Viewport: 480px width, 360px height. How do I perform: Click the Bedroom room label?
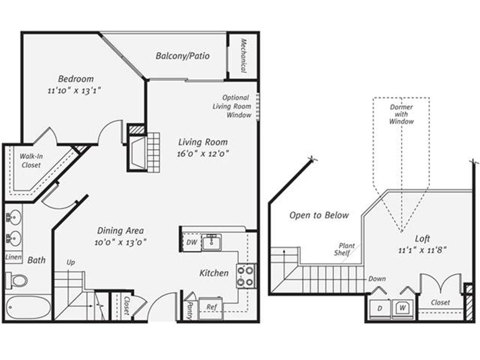click(x=75, y=79)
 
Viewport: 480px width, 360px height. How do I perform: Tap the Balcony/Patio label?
click(x=182, y=56)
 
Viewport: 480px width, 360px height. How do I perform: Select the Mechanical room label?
click(x=244, y=56)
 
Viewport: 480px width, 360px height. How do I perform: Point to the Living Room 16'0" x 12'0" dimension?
click(x=203, y=153)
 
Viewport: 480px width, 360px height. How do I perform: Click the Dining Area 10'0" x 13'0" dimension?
click(x=120, y=242)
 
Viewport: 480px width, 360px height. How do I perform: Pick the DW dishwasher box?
click(x=191, y=242)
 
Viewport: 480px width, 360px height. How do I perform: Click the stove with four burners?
click(x=245, y=276)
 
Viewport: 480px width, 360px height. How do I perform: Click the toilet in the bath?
click(x=18, y=280)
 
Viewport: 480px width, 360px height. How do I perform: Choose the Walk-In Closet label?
click(x=30, y=161)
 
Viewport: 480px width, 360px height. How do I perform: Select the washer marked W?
click(x=402, y=308)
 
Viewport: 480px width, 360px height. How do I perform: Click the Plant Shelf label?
click(x=345, y=249)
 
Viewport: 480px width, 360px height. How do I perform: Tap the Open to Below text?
click(x=319, y=215)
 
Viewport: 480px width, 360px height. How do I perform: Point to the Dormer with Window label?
click(x=401, y=114)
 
